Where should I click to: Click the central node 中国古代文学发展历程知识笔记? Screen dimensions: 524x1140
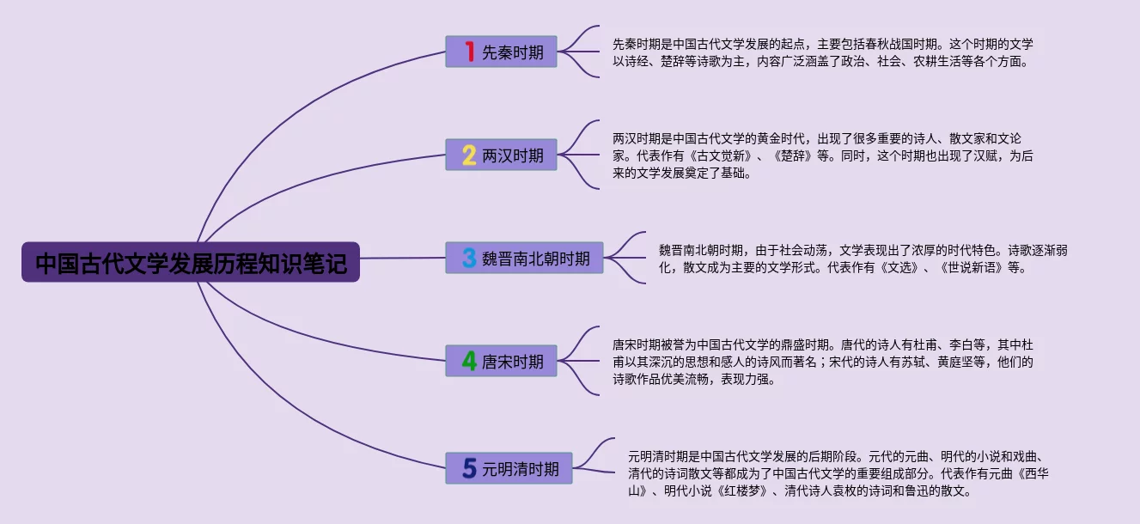[x=191, y=262]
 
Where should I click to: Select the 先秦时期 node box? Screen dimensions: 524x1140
[x=501, y=52]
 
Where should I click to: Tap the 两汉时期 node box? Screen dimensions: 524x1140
[x=501, y=155]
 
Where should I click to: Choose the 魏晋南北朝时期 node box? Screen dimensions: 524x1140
[x=524, y=258]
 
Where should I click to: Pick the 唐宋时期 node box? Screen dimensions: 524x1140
[x=501, y=361]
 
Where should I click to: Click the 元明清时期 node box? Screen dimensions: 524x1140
[x=509, y=468]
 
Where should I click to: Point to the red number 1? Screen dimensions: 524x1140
[x=469, y=52]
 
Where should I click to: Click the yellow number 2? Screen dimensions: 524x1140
[x=469, y=155]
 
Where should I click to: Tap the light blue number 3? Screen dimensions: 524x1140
[x=469, y=258]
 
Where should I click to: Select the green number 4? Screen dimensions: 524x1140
[x=469, y=361]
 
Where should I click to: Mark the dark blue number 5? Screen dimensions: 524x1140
[x=469, y=468]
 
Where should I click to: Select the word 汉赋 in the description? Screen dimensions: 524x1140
[x=972, y=155]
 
